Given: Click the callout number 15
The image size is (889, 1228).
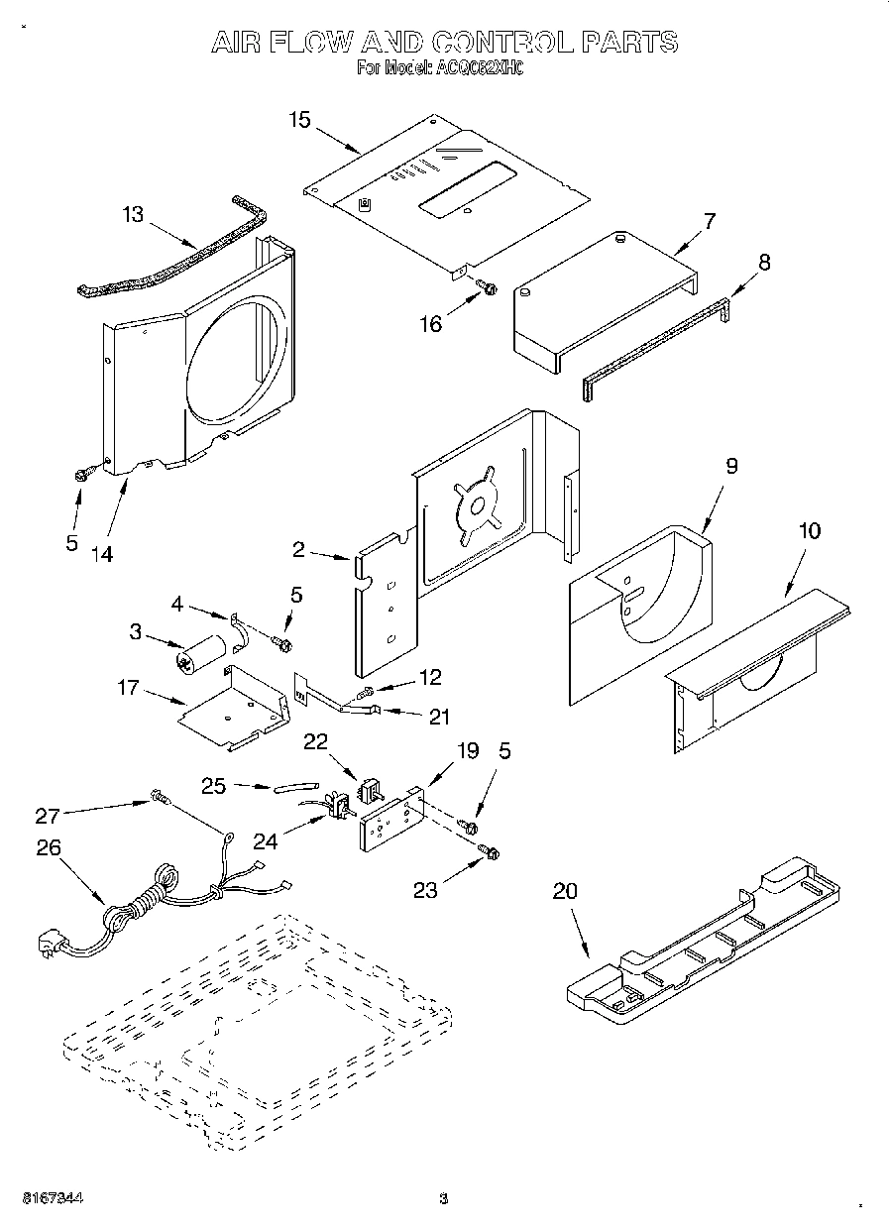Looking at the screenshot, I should [x=299, y=120].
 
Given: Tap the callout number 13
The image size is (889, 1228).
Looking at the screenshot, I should [x=133, y=213].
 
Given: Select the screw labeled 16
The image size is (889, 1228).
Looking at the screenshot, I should [x=487, y=287].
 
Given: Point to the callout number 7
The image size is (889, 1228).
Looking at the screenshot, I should [x=710, y=220].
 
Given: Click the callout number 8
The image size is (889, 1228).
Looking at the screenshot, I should [x=763, y=263].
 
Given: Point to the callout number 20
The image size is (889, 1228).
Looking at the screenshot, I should [x=564, y=890].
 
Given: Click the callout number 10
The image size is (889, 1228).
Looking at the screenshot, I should [x=809, y=530].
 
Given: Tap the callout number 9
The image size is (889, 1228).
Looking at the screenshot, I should [x=731, y=467].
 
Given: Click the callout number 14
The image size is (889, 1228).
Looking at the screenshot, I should [x=101, y=554].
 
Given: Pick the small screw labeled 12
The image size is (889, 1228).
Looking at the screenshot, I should [x=368, y=691].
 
